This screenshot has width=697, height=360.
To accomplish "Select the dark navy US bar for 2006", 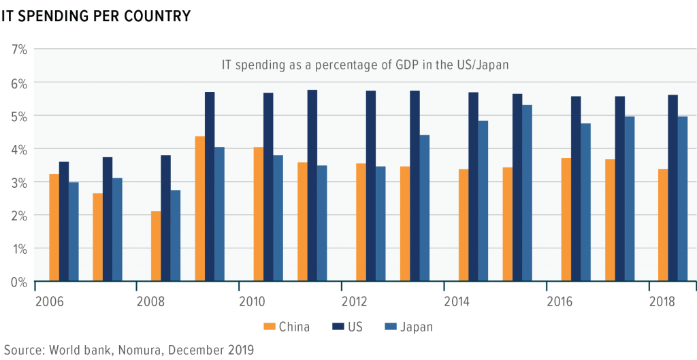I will (64, 221).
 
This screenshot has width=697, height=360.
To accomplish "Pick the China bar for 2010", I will (259, 214).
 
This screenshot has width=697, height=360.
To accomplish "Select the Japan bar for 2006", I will (74, 231).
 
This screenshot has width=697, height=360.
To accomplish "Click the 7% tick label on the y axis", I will (19, 50).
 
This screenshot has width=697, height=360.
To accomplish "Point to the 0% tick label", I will (19, 281).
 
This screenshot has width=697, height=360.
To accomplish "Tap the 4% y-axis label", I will (19, 149).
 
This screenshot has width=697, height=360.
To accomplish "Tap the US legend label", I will (355, 327).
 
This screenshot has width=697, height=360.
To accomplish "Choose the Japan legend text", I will (416, 327).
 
